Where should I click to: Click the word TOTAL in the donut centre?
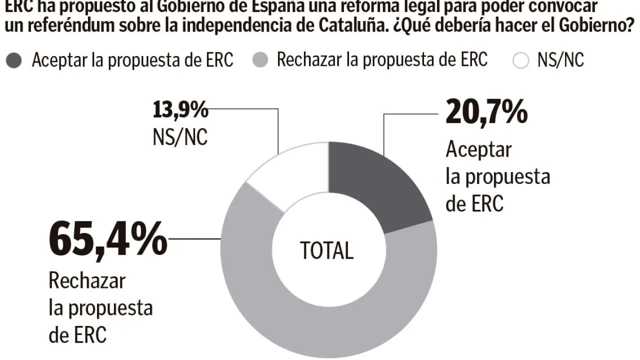point(326,250)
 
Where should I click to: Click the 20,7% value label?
point(486,111)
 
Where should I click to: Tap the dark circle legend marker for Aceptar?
point(15,61)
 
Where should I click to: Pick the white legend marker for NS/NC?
point(521,61)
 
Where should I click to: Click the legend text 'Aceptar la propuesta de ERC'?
point(132,60)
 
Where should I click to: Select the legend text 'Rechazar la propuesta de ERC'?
point(382,60)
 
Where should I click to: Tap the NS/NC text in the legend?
point(560,60)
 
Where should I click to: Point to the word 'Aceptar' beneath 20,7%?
point(479,149)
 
